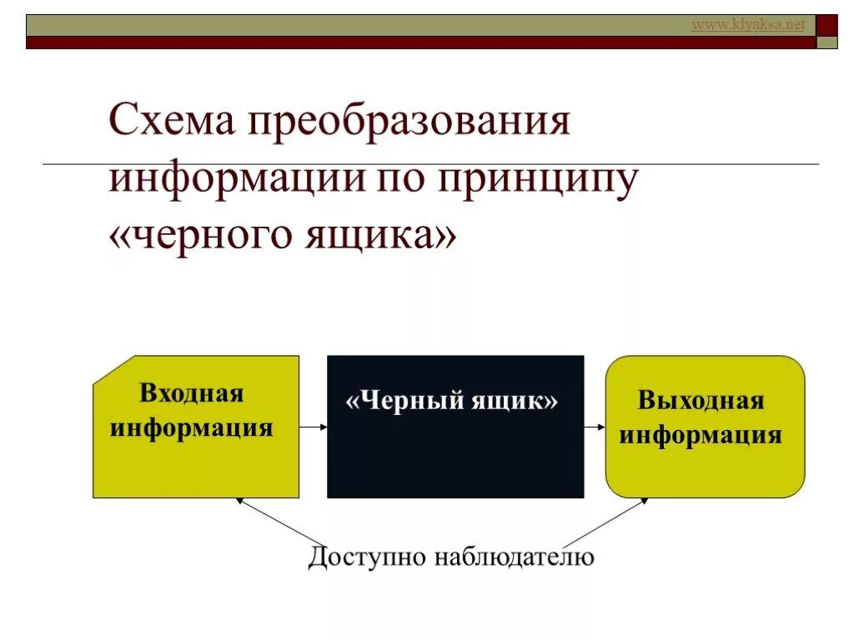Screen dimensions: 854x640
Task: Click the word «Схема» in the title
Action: tap(171, 123)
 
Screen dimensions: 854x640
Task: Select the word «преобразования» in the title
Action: tap(408, 123)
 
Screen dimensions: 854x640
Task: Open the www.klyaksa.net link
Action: tap(748, 25)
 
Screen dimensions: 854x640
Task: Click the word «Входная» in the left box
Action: tap(191, 393)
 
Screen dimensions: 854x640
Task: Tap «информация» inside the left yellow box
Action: tap(192, 427)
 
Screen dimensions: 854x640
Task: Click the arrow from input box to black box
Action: tap(313, 427)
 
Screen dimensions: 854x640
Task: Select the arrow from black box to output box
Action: tap(594, 427)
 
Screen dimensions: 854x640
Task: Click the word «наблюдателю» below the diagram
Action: tap(514, 557)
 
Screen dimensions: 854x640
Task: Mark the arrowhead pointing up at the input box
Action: tap(239, 501)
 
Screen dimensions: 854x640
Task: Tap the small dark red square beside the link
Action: tap(826, 25)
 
